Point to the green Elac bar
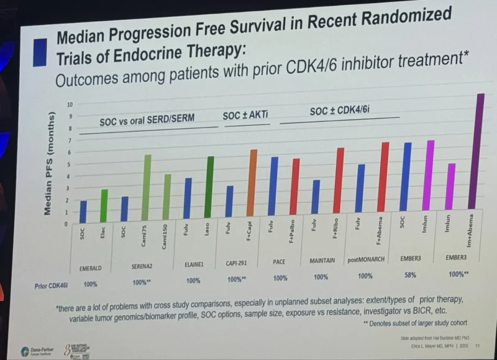pyautogui.click(x=104, y=205)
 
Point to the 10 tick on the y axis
pyautogui.click(x=70, y=104)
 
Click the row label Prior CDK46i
pyautogui.click(x=52, y=286)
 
